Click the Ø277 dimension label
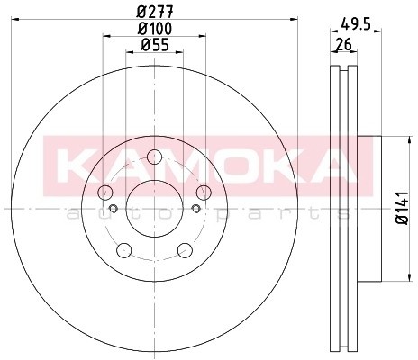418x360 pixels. (155, 12)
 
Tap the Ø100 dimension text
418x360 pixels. (155, 29)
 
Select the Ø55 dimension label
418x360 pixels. (155, 45)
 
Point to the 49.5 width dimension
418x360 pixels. (355, 22)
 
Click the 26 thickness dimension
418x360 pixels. (343, 45)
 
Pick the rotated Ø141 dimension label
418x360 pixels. (402, 207)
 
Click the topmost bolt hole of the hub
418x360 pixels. (154, 157)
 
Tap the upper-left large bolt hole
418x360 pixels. (105, 193)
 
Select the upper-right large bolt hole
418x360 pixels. (204, 193)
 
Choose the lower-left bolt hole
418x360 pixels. (124, 250)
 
